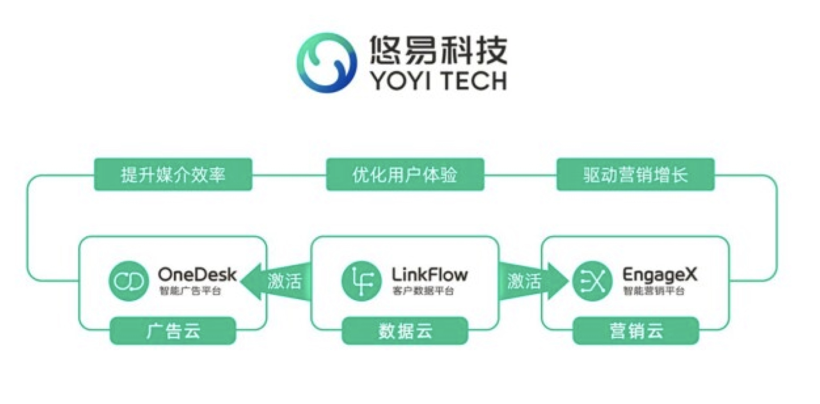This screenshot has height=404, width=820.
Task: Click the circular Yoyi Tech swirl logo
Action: coord(327,62)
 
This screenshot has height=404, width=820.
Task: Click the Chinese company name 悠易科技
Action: coord(438,50)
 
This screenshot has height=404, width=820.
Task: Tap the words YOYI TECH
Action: coord(438,81)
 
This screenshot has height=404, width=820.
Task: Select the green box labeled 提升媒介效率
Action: coord(173,174)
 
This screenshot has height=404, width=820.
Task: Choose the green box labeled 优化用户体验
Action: coord(405,174)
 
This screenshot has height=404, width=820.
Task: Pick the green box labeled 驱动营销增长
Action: coord(635,174)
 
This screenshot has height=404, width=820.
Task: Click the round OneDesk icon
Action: coord(128,281)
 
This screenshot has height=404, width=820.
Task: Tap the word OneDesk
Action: coord(197,275)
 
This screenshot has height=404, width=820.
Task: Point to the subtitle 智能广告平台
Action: coord(190,291)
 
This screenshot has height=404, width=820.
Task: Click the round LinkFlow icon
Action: coord(361,281)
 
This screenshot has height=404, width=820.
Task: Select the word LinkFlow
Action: coord(429,275)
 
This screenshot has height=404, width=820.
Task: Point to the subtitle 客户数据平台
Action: coord(423,291)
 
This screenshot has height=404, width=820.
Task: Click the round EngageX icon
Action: coord(592,281)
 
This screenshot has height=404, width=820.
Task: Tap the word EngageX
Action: coord(659,275)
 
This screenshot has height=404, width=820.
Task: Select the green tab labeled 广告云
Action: coord(173,331)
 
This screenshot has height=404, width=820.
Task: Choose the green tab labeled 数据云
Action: coord(405,331)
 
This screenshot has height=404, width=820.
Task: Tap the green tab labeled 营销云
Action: coord(635,331)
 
